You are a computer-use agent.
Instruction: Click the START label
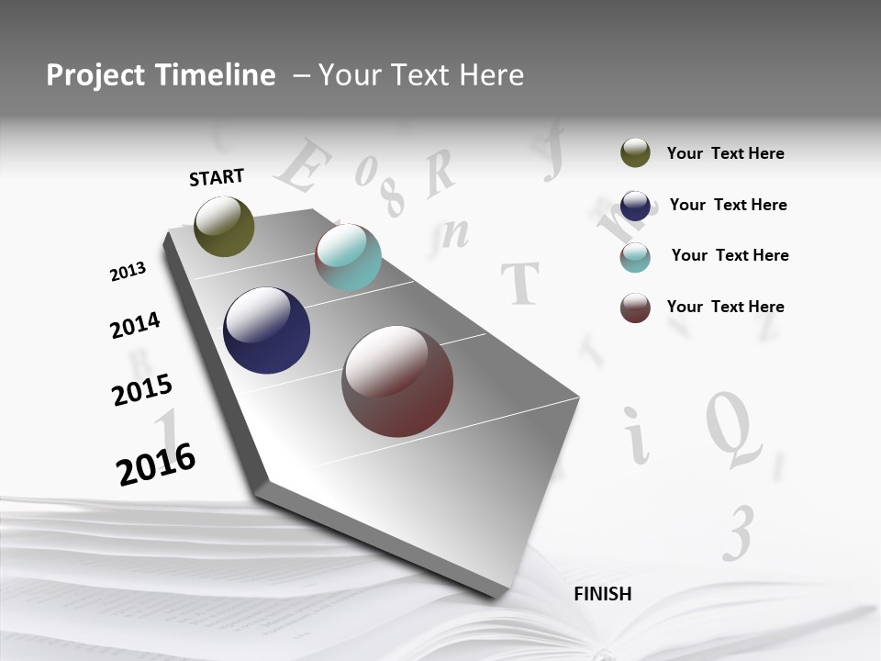coord(217,176)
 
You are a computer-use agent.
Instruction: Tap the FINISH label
coord(603,594)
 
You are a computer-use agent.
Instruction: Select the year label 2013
coord(128,272)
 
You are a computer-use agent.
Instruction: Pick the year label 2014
coord(135,325)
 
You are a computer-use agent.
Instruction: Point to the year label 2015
coord(142,390)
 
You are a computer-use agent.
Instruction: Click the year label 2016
coord(156,464)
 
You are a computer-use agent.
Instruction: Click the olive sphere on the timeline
coord(224,226)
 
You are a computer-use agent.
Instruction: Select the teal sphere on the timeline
coord(348,257)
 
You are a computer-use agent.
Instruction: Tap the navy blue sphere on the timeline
coord(266,330)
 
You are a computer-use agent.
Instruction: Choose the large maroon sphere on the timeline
coord(397,381)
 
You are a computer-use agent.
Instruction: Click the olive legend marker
coord(635,152)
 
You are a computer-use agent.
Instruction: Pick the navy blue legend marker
coord(635,205)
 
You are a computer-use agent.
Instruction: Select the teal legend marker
coord(635,257)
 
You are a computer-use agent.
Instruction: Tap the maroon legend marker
coord(635,308)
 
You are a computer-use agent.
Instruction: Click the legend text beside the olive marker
coord(725,153)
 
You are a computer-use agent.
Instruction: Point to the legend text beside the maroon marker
coord(725,307)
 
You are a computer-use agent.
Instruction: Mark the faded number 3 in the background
coord(739,532)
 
